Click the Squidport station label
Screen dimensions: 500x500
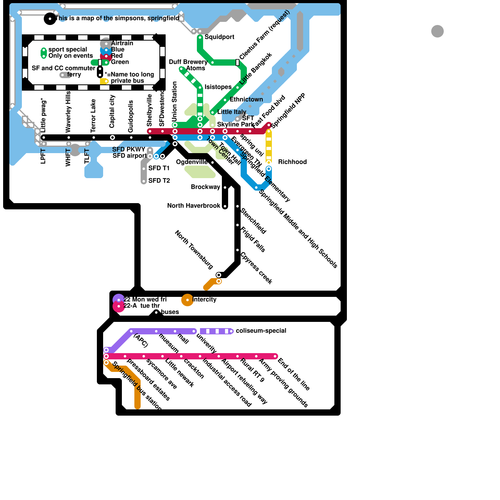pyautogui.click(x=219, y=37)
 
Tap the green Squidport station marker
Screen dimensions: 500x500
pyautogui.click(x=200, y=37)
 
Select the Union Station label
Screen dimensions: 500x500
pyautogui.click(x=175, y=102)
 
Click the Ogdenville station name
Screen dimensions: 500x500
pyautogui.click(x=192, y=162)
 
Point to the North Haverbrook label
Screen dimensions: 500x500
pyautogui.click(x=194, y=206)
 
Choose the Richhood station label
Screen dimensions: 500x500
pyautogui.click(x=292, y=162)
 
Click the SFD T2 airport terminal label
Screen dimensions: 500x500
pyautogui.click(x=159, y=181)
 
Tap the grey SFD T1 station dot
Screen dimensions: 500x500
pyautogui.click(x=144, y=169)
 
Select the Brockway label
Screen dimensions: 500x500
pyautogui.click(x=206, y=187)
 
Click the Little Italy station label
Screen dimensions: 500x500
pyautogui.click(x=232, y=112)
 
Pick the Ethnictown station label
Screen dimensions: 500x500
pyautogui.click(x=246, y=99)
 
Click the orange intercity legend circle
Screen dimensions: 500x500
pyautogui.click(x=187, y=300)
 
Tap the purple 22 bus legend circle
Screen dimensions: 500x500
pyautogui.click(x=118, y=299)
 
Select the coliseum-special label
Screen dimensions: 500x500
pyautogui.click(x=261, y=331)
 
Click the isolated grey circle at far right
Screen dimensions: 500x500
pyautogui.click(x=437, y=31)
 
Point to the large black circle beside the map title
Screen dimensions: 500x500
pyautogui.click(x=50, y=19)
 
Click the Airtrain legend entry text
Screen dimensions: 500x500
pyautogui.click(x=122, y=43)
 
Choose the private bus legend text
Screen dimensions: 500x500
pyautogui.click(x=127, y=81)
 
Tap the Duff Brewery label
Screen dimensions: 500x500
pyautogui.click(x=188, y=62)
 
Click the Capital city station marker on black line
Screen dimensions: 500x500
pyautogui.click(x=112, y=137)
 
